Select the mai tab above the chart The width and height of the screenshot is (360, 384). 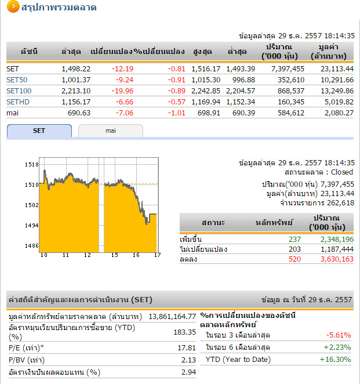(x=110, y=131)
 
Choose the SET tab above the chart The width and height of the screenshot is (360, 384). (x=39, y=131)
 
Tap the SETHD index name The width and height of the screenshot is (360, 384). (x=17, y=102)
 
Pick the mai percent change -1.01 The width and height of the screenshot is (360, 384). (x=177, y=113)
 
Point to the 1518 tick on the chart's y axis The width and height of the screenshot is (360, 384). (x=32, y=165)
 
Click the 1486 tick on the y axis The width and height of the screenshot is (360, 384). (x=32, y=245)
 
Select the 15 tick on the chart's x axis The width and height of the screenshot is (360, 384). (x=115, y=255)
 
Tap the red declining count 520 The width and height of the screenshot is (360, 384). (x=295, y=259)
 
